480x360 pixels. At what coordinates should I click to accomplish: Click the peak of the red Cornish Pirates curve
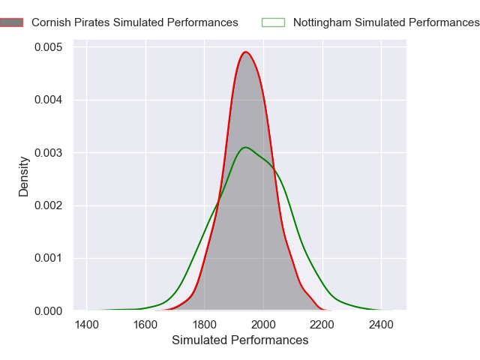[x=246, y=52]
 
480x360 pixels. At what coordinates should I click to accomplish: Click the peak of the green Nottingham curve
[x=245, y=147]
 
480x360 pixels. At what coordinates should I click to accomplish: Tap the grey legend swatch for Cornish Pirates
[x=13, y=22]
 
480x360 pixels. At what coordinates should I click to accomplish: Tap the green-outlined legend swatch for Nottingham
[x=272, y=22]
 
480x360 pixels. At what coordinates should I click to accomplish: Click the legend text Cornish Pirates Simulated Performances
[x=135, y=22]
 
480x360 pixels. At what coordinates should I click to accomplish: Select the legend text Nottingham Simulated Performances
[x=386, y=22]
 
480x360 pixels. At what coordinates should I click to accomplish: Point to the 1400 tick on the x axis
[x=87, y=324]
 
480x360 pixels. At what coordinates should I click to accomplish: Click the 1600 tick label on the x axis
[x=145, y=324]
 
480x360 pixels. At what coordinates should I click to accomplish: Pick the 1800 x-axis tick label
[x=205, y=324]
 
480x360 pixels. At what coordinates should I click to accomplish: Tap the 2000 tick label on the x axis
[x=263, y=324]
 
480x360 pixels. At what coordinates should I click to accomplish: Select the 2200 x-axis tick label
[x=322, y=324]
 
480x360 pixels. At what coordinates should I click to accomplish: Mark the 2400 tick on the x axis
[x=381, y=324]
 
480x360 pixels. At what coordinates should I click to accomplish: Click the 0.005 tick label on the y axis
[x=49, y=47]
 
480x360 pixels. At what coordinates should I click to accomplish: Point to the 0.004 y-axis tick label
[x=49, y=100]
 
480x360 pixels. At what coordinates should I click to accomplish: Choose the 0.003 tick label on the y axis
[x=49, y=152]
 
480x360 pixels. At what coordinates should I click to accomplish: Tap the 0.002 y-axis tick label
[x=49, y=205]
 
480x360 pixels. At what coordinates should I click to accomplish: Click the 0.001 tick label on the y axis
[x=49, y=258]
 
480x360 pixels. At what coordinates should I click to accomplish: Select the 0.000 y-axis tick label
[x=49, y=310]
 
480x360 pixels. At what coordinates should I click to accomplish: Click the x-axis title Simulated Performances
[x=240, y=340]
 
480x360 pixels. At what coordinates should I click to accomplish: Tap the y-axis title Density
[x=24, y=176]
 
